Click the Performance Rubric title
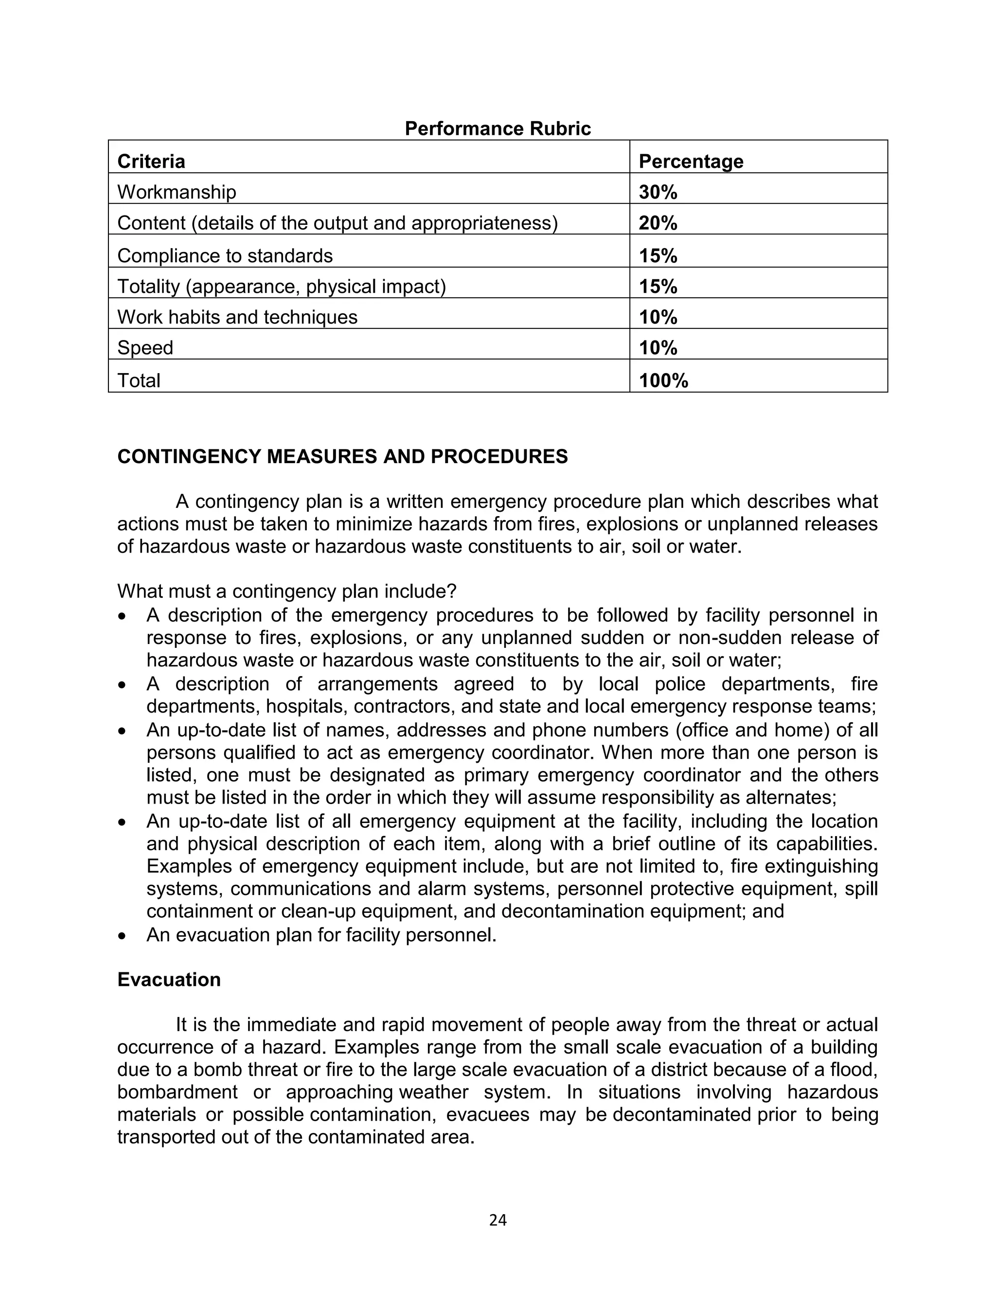point(498,129)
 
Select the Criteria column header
point(151,161)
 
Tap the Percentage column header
point(691,161)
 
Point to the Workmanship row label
point(177,192)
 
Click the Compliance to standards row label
point(225,255)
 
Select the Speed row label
point(145,348)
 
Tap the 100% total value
point(663,381)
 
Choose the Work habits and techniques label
point(237,317)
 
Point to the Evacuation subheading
point(169,979)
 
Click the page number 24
point(498,1220)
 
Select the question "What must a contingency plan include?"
point(287,591)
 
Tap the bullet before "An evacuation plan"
point(122,935)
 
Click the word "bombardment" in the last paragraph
point(177,1092)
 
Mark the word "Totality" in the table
point(148,286)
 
